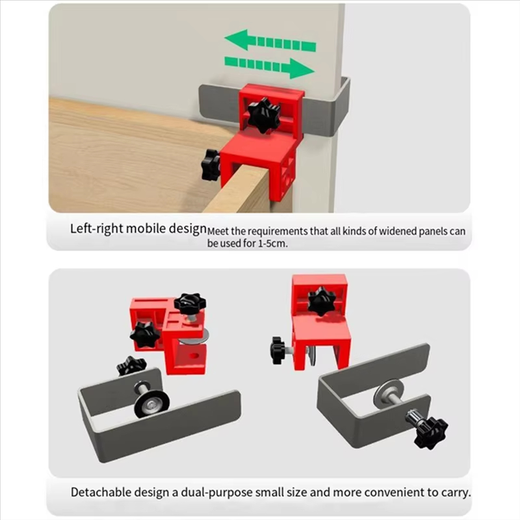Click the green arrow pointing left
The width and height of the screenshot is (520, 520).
click(270, 41)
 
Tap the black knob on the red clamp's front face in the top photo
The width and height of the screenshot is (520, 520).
click(264, 115)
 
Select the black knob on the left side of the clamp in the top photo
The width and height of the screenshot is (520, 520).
click(210, 165)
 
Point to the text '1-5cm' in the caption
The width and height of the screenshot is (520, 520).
click(272, 243)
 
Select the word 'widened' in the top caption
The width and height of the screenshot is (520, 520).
click(396, 231)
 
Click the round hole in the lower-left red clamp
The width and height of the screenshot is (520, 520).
click(193, 357)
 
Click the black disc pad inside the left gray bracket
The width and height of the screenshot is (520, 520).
click(151, 403)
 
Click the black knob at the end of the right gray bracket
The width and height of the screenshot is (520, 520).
click(431, 430)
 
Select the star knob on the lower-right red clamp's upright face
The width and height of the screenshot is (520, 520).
click(321, 301)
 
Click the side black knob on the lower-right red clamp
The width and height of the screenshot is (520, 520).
click(278, 350)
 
